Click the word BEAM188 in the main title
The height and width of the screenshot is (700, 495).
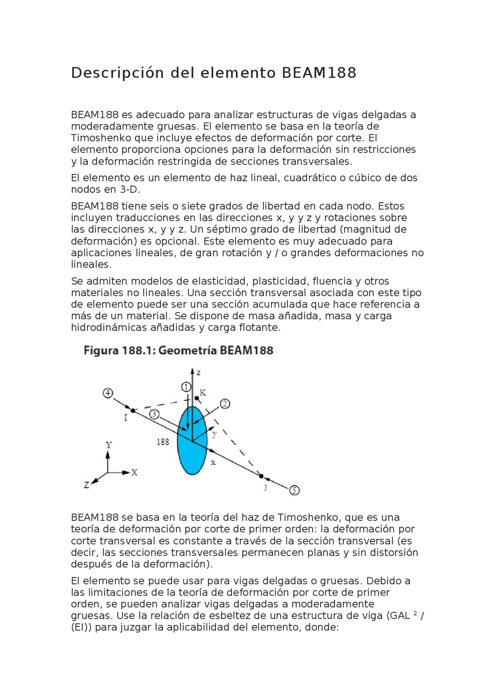click(x=319, y=73)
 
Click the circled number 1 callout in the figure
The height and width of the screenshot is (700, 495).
click(x=186, y=387)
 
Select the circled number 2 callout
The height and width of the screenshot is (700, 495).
click(x=225, y=404)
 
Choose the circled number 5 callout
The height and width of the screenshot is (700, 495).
click(x=295, y=491)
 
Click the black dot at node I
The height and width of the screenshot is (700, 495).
click(x=133, y=410)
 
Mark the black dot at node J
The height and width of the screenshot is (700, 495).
click(x=261, y=476)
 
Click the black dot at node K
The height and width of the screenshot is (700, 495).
click(x=196, y=398)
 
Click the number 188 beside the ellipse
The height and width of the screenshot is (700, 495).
click(x=163, y=442)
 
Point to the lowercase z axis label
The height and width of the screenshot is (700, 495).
click(x=198, y=373)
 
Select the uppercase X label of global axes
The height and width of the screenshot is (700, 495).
click(x=134, y=472)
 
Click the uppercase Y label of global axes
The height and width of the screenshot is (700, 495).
click(x=109, y=445)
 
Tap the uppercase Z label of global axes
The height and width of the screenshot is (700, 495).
click(x=87, y=485)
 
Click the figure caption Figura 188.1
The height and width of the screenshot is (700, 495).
click(x=178, y=351)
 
